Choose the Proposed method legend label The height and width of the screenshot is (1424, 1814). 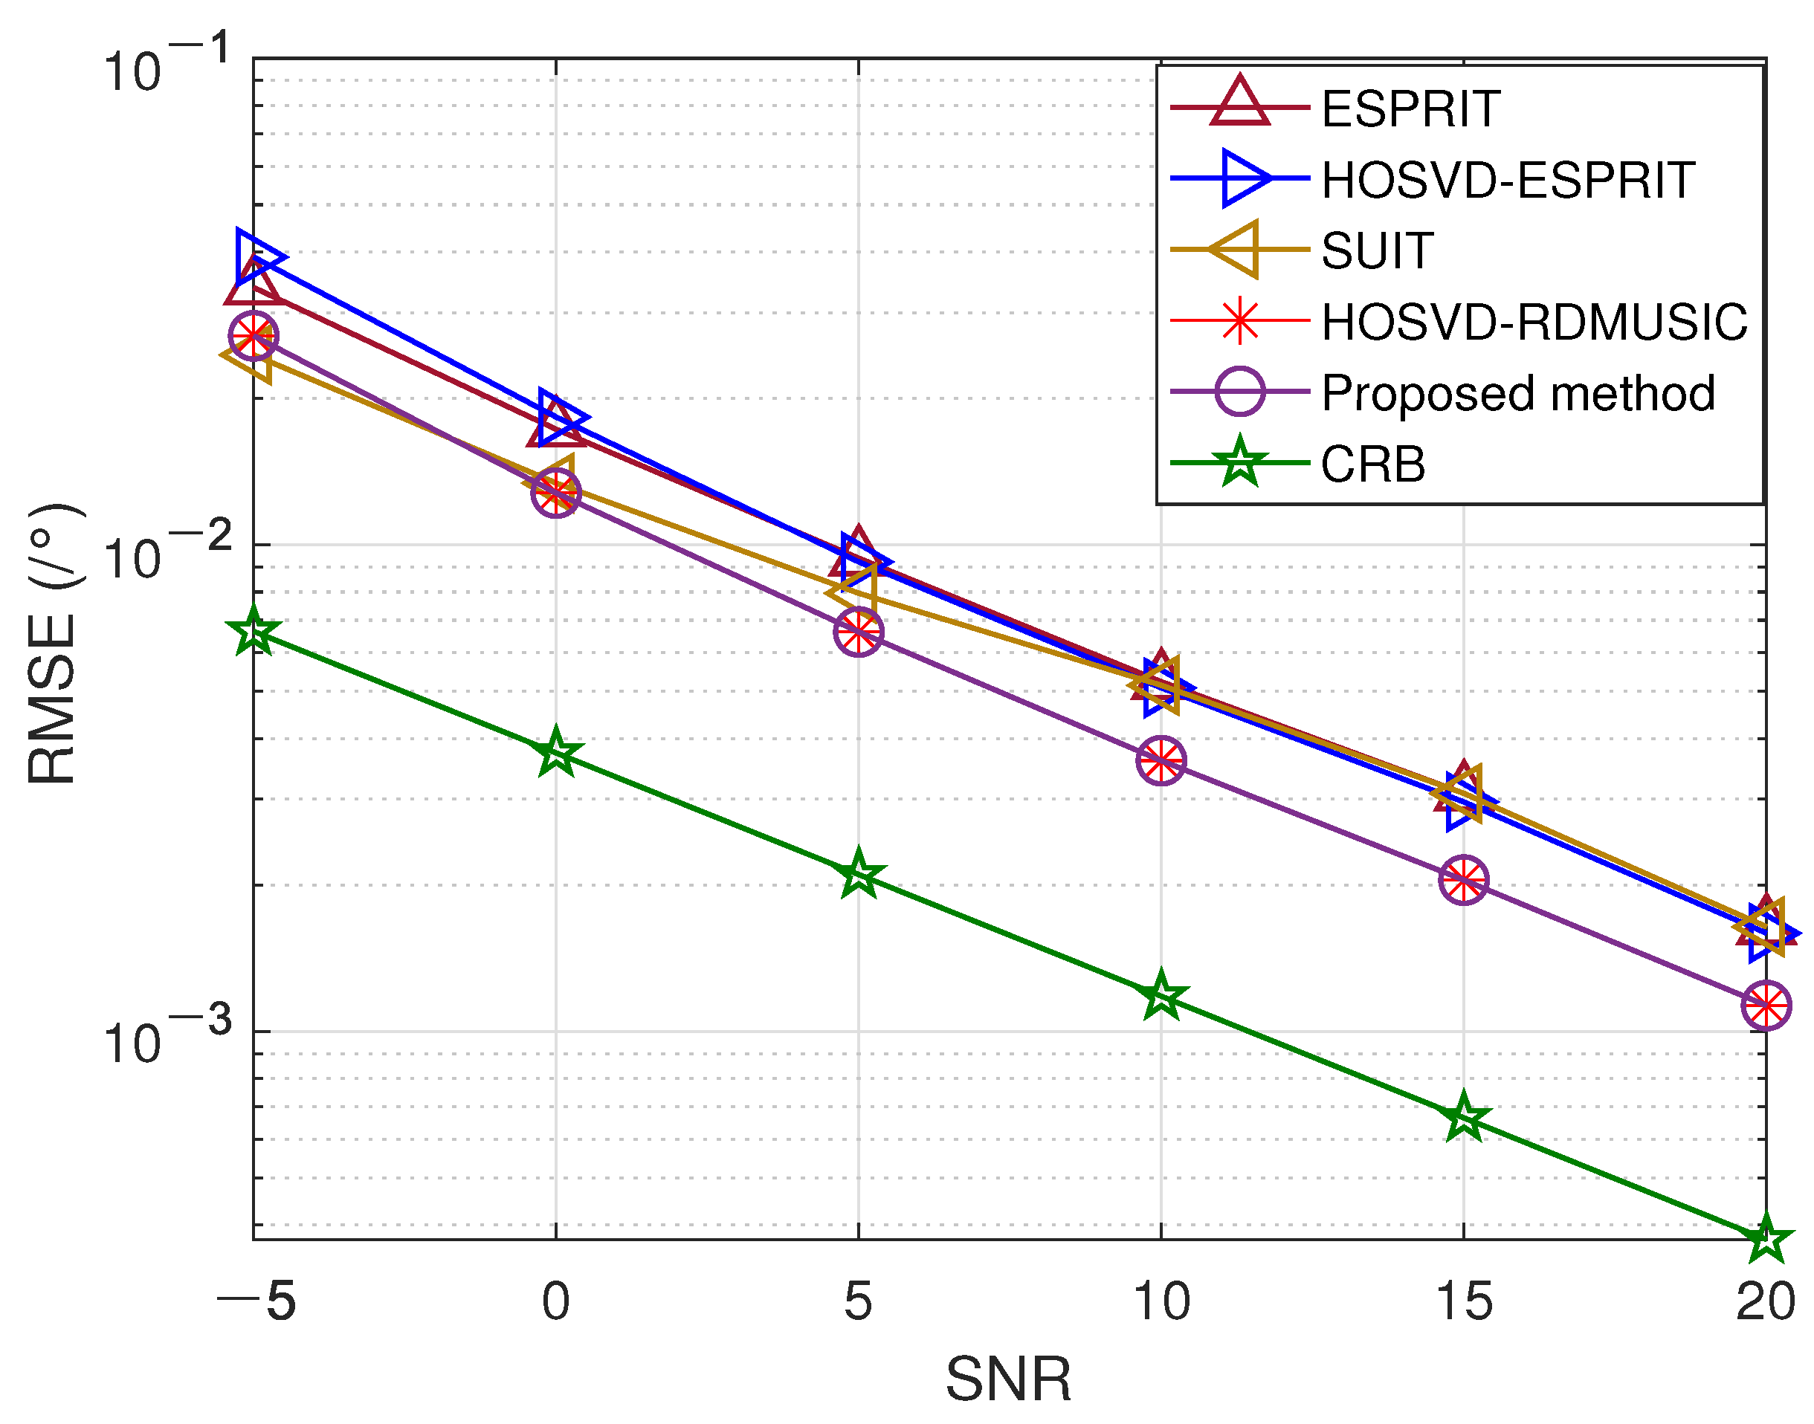click(1517, 392)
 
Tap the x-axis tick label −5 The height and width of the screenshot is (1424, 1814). click(256, 1301)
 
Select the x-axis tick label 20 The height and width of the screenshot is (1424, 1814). click(1765, 1301)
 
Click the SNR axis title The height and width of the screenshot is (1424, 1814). click(1007, 1380)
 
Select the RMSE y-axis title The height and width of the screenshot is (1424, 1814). click(52, 644)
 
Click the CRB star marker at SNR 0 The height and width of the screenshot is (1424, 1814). click(555, 752)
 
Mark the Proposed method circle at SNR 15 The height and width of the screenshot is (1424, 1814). click(1463, 878)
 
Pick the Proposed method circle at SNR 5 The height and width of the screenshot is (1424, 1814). click(858, 631)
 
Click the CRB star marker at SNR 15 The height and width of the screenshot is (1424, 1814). click(1463, 1118)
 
